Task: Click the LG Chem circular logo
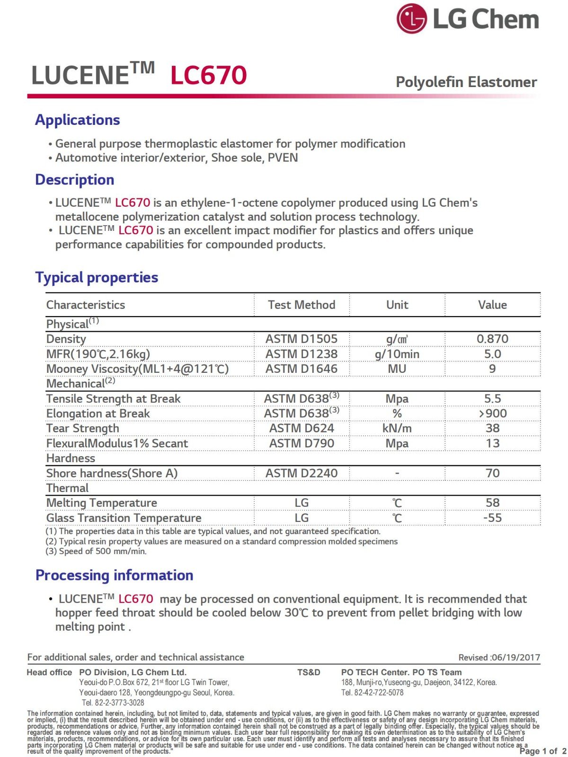(x=411, y=19)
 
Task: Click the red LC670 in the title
(x=208, y=76)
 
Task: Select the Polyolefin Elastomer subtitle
(x=466, y=82)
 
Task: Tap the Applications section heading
(x=78, y=120)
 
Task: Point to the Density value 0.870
(x=492, y=339)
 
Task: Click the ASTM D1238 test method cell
(x=302, y=354)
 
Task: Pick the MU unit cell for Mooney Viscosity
(x=397, y=369)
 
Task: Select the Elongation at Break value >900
(x=492, y=414)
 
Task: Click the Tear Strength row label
(x=83, y=428)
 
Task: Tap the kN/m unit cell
(x=397, y=428)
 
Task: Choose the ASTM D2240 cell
(x=302, y=473)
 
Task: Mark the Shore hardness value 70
(x=492, y=473)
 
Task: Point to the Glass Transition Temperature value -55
(x=492, y=518)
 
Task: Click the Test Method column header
(x=302, y=305)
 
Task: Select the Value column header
(x=492, y=305)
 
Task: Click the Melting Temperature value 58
(x=492, y=502)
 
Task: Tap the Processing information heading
(x=115, y=575)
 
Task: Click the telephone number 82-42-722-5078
(x=379, y=693)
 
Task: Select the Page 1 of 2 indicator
(x=542, y=751)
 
